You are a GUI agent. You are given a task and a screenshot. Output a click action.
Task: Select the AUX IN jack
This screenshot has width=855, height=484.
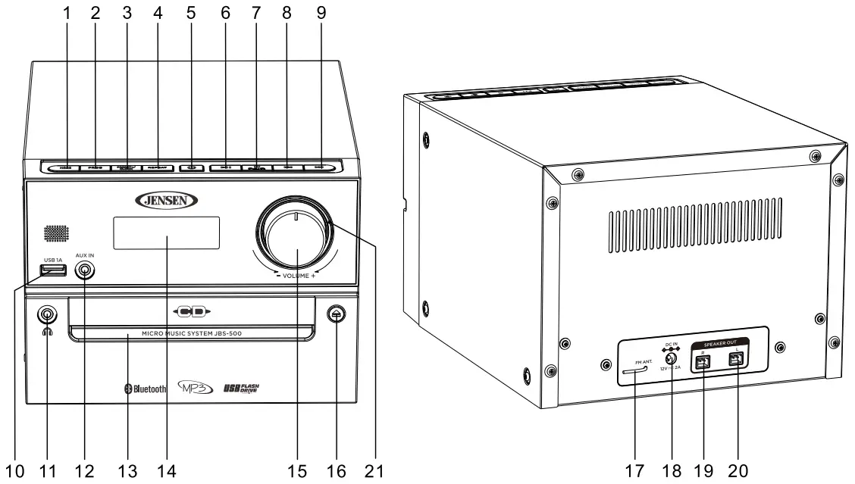tap(86, 268)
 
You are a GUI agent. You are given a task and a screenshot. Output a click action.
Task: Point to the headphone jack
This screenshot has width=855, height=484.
tap(48, 314)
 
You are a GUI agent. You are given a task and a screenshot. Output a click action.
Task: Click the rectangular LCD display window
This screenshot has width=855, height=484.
tap(167, 233)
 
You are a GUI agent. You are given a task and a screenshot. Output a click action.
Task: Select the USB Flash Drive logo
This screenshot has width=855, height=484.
tap(242, 389)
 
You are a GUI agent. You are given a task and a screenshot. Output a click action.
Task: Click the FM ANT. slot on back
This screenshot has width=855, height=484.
tap(634, 371)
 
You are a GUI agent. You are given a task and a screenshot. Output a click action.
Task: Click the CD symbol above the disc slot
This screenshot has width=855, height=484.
tap(190, 311)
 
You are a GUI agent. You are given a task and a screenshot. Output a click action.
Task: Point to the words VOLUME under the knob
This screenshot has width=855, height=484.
tap(296, 276)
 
